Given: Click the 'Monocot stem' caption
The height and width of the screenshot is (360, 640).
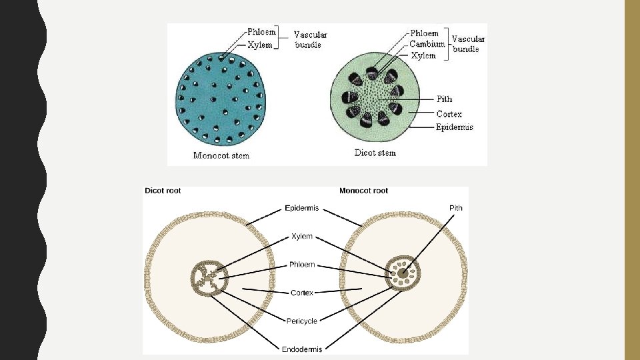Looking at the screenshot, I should pos(221,156).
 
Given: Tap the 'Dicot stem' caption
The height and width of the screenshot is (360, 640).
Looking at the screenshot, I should pos(375,153).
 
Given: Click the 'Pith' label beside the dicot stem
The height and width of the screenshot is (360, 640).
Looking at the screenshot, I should pos(444,99).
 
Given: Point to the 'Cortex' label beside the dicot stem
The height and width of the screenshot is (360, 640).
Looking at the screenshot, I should pos(449,114).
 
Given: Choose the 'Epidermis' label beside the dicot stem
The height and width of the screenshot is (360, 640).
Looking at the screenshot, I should pos(455,127).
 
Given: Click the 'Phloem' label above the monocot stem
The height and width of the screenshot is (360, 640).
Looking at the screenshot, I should pos(261,32).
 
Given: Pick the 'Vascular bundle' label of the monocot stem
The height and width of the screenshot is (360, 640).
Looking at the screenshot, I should pos(311,39).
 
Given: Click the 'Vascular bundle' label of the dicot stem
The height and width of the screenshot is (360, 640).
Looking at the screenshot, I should pos(469,43).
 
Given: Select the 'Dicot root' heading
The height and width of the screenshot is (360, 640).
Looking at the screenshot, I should pos(163,191).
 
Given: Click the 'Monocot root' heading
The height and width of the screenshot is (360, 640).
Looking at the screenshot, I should pos(363,191).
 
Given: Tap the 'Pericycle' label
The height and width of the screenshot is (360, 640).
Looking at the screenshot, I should pos(301,321).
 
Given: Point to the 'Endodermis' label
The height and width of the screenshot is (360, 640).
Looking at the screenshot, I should pos(303,349).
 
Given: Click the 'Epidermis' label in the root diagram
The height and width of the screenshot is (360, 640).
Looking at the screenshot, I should pos(302,208).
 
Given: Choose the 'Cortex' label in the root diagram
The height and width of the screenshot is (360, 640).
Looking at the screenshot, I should pos(302,293).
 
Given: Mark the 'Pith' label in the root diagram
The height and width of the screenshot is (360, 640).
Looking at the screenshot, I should pos(455,208).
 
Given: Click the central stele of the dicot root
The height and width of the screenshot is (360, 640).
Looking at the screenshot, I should pos(209,278).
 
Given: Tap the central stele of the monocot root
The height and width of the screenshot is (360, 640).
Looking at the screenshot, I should pos(403,273).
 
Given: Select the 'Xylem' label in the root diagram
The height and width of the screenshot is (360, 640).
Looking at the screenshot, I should pos(301,237).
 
